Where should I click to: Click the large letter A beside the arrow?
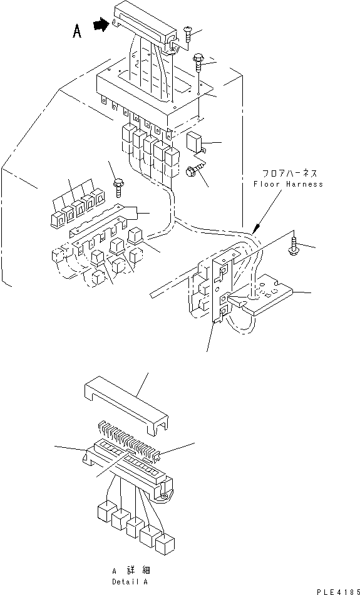[76, 31]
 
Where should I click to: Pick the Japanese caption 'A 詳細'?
[129, 571]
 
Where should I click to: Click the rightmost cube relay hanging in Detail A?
[165, 542]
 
